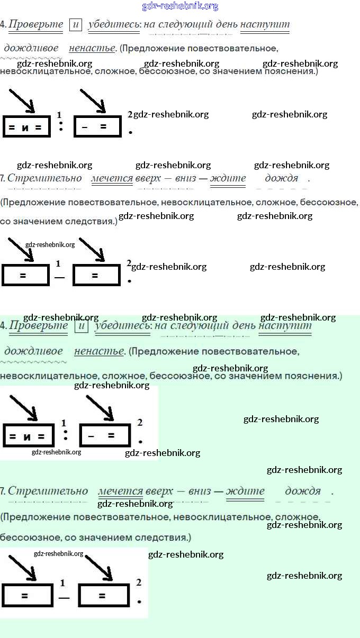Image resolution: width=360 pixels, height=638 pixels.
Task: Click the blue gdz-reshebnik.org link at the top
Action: point(180,6)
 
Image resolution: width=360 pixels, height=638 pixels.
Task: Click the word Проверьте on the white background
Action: point(35,24)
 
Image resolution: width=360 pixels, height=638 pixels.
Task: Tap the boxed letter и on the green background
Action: point(81,326)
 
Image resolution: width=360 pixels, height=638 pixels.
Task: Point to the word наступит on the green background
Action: point(285,326)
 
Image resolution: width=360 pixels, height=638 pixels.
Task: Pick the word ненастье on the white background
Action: point(92,48)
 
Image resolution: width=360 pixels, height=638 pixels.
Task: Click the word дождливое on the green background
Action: point(33,351)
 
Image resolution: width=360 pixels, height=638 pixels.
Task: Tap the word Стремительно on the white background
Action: point(45,178)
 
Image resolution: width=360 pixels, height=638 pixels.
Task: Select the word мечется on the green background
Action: point(121,491)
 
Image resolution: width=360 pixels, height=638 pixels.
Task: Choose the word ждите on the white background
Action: point(228,178)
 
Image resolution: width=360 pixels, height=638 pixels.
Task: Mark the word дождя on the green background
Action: point(303,491)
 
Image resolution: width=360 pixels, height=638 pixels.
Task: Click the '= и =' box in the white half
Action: point(26,127)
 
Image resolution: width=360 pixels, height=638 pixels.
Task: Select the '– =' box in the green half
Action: point(104,436)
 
